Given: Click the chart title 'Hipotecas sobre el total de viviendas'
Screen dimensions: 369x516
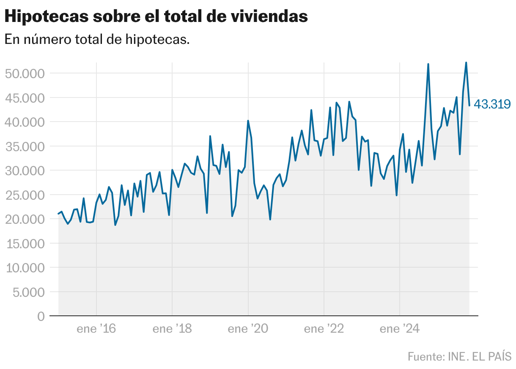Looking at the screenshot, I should (x=156, y=16).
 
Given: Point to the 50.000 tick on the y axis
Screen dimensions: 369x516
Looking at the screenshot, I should (x=24, y=73).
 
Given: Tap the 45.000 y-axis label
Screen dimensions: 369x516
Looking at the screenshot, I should (x=24, y=98).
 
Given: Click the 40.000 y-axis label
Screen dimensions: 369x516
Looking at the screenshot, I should (x=24, y=122).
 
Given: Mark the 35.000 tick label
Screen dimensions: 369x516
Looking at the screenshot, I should (x=24, y=147).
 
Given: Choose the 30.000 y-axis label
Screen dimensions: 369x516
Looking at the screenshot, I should (x=24, y=171).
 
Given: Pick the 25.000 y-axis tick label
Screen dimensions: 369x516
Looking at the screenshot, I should (x=24, y=195).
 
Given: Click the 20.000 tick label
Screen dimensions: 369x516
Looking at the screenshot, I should (x=24, y=219).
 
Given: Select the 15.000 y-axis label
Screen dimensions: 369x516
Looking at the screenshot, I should (x=24, y=244).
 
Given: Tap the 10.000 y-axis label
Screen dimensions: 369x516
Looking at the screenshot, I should (x=24, y=268).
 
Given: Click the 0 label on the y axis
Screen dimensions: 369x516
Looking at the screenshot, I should (x=41, y=316).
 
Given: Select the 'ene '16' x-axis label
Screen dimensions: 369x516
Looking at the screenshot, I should (x=96, y=329).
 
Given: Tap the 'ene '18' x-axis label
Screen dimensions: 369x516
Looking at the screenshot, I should (x=172, y=329).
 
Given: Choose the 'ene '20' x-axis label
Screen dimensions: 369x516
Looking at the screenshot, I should (x=248, y=329).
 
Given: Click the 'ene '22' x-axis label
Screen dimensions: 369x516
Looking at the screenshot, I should (x=324, y=329).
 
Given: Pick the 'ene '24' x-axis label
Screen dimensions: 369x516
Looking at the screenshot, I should (x=400, y=329).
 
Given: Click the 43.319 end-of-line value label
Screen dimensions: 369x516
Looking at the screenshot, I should (x=492, y=104).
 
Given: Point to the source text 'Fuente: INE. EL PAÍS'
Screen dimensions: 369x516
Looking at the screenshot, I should (x=459, y=356).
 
